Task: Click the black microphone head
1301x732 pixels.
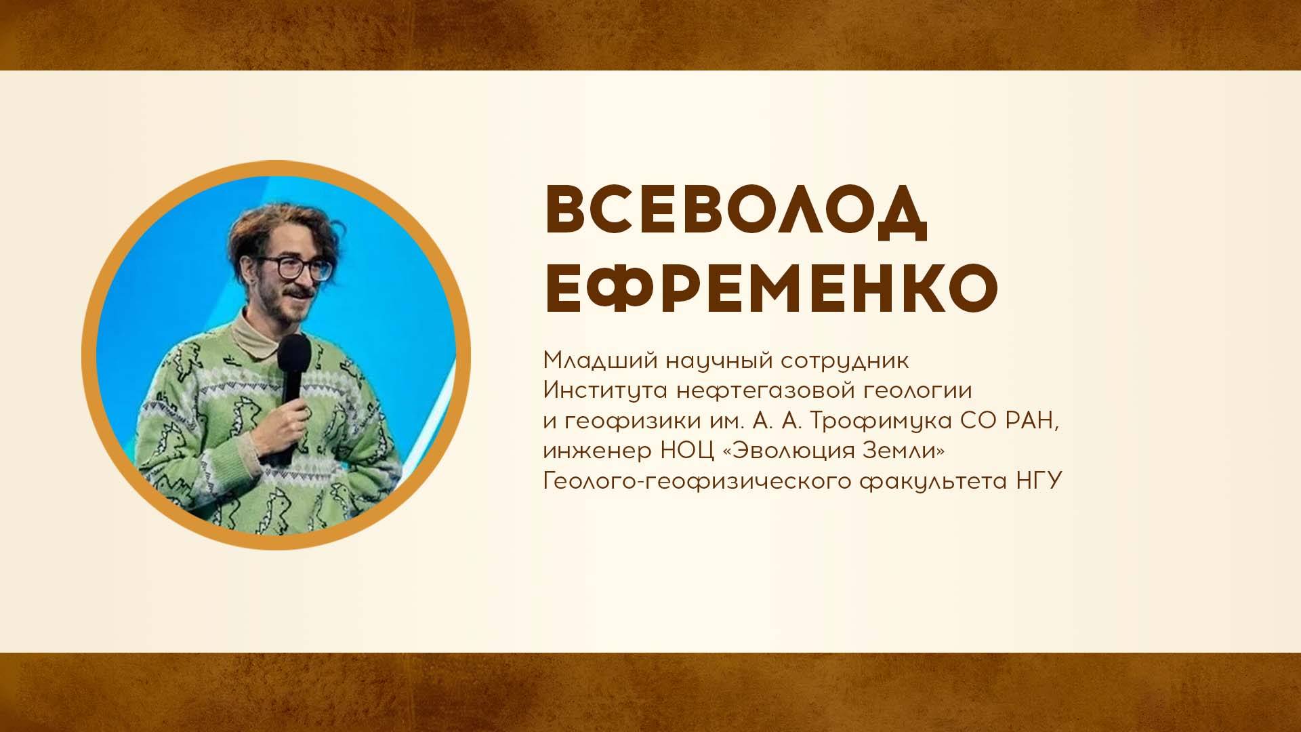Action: pyautogui.click(x=294, y=353)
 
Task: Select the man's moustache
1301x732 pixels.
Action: pyautogui.click(x=299, y=291)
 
